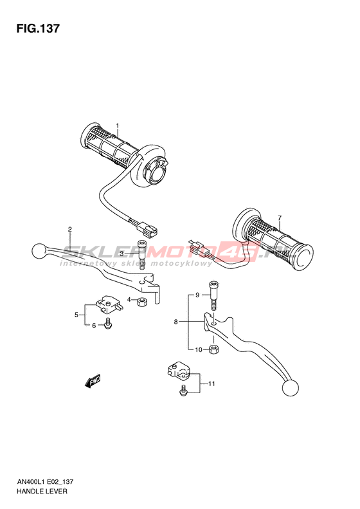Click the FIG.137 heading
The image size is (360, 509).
(x=38, y=28)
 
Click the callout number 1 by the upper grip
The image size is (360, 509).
(x=118, y=125)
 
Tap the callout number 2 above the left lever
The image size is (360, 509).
(x=69, y=229)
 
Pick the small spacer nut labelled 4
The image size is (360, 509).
(x=141, y=302)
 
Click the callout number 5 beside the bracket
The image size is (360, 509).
(x=76, y=314)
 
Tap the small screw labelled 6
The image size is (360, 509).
(x=107, y=323)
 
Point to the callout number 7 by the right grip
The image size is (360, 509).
(x=280, y=217)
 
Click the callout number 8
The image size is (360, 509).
(x=175, y=322)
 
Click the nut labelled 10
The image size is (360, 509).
(x=213, y=349)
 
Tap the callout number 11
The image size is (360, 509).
(x=212, y=384)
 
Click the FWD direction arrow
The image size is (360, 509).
(x=93, y=382)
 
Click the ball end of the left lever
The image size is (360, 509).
(x=40, y=251)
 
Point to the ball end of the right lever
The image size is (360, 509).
(x=291, y=388)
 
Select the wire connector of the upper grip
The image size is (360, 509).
(x=148, y=228)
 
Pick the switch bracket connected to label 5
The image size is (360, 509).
(x=109, y=304)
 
